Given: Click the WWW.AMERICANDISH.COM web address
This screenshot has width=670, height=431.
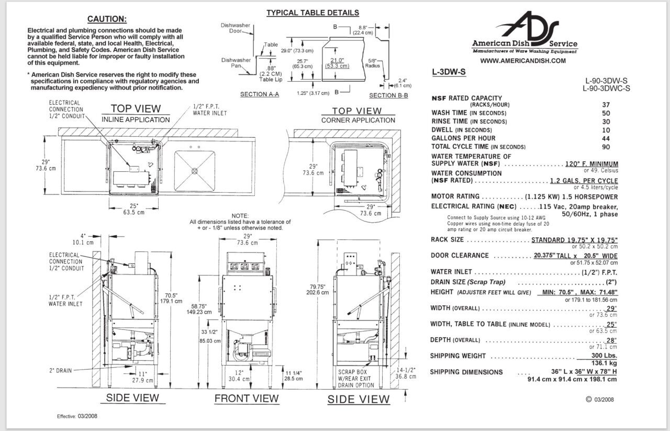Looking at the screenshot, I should (x=522, y=61).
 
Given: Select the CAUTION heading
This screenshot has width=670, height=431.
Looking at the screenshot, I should (x=107, y=19).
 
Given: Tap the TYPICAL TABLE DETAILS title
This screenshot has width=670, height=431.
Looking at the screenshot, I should (x=312, y=13).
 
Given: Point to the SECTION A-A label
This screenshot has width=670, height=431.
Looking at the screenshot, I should (x=259, y=95).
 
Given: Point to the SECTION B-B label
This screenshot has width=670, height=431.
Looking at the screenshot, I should (x=388, y=95).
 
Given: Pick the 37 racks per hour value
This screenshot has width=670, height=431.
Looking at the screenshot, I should (x=606, y=105).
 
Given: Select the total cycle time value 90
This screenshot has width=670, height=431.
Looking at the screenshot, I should (x=606, y=147).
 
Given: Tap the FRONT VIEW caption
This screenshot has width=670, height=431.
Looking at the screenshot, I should (x=247, y=399).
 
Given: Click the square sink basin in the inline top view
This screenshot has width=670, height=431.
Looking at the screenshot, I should (x=194, y=170).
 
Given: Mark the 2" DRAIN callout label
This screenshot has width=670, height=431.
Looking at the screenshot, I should (x=60, y=370).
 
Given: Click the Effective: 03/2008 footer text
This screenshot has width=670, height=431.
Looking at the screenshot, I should (x=77, y=416).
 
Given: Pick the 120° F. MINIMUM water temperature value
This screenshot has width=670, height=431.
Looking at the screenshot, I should (x=591, y=164).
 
